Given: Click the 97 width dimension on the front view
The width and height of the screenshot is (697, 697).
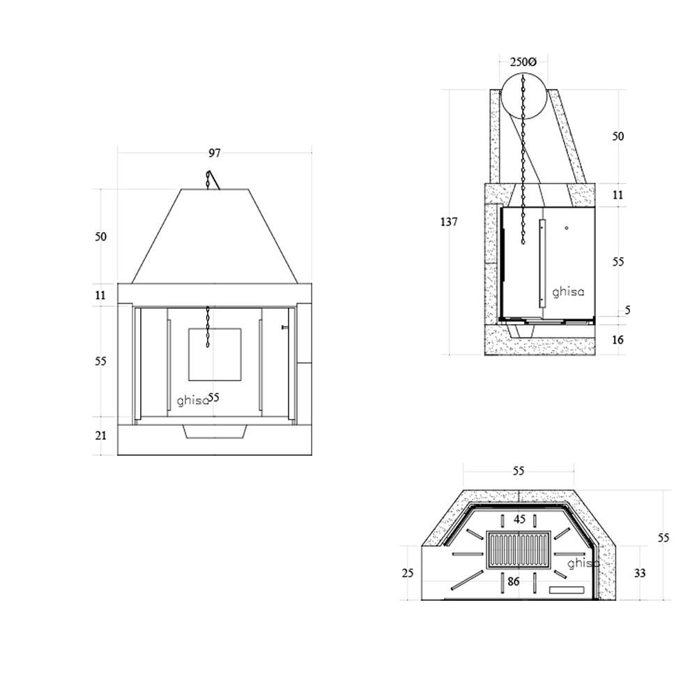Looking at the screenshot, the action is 214,153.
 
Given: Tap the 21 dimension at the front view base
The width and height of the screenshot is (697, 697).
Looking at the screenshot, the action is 101,436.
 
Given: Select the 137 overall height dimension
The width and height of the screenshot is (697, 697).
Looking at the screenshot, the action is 448,222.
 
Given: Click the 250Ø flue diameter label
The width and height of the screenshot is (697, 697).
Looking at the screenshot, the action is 523,62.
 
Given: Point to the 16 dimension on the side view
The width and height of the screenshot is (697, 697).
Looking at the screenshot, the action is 618,340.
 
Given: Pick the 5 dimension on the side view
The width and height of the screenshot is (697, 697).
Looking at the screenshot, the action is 628,310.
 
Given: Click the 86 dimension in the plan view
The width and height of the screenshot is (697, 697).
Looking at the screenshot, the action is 514,581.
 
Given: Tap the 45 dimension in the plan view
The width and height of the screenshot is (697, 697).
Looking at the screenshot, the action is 519,519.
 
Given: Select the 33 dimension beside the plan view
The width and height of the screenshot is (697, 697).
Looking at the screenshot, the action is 640,574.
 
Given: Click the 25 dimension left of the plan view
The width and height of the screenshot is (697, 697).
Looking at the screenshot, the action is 408,574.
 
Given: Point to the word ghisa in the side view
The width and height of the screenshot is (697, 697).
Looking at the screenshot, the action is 568,292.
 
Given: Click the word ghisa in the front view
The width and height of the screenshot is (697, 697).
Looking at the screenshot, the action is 192,401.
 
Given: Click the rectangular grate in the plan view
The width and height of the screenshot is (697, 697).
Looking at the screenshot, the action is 519,551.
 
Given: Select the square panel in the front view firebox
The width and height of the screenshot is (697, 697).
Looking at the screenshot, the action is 215,355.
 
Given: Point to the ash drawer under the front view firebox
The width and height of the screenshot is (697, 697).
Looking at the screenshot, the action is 215,431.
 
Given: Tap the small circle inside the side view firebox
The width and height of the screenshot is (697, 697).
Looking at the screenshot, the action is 567,228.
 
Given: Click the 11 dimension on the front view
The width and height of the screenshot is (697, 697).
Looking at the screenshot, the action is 101,296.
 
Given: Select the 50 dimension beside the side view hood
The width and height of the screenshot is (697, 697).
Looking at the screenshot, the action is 618,137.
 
